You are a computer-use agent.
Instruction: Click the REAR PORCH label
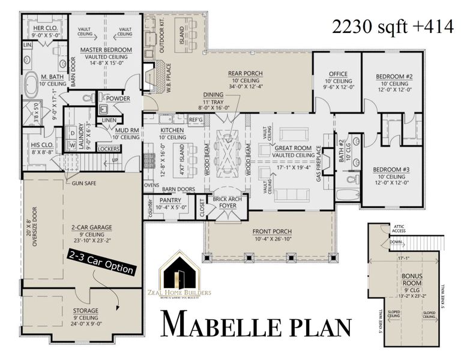pyautogui.click(x=246, y=74)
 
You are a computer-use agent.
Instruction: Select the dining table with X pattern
pyautogui.click(x=231, y=146)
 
